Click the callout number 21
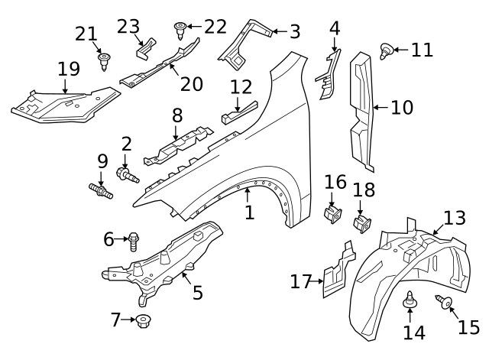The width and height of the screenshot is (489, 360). tap(86, 33)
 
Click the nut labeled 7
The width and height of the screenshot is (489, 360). tap(143, 321)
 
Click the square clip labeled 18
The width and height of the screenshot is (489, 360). tap(361, 225)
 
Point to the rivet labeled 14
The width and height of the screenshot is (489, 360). tap(411, 304)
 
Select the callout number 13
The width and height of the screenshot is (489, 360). tap(454, 219)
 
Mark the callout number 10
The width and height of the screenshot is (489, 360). tap(401, 107)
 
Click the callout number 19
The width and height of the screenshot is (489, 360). tap(69, 69)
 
